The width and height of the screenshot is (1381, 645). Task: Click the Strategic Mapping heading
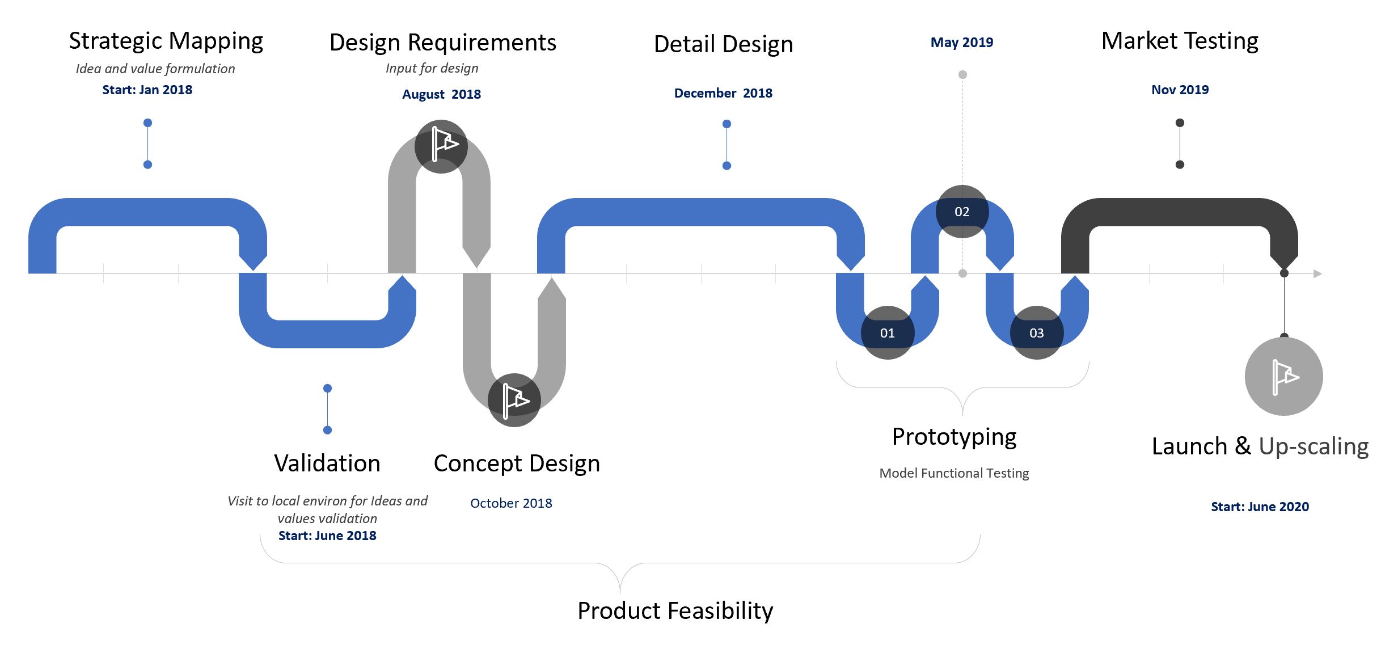click(x=166, y=41)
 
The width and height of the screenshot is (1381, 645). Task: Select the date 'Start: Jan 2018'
click(x=147, y=90)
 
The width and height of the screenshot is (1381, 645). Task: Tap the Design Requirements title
click(x=442, y=43)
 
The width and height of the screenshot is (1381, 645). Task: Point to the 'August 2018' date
click(x=441, y=94)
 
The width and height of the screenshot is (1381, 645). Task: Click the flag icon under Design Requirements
click(x=441, y=146)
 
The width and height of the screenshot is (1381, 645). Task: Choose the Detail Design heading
click(x=723, y=44)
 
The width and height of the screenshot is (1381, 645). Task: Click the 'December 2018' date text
click(x=723, y=93)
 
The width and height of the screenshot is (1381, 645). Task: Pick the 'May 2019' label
click(x=962, y=43)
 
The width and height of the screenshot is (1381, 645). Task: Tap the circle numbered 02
click(x=962, y=212)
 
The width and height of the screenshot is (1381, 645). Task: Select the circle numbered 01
click(x=887, y=333)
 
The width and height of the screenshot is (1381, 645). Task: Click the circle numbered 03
click(x=1036, y=333)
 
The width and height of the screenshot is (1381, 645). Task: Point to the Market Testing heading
click(x=1180, y=41)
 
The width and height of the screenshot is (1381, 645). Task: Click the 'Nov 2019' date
click(x=1180, y=90)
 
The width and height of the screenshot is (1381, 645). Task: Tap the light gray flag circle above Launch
click(x=1283, y=376)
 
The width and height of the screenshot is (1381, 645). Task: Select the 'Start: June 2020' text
click(x=1260, y=507)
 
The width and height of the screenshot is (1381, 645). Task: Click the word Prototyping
click(x=954, y=437)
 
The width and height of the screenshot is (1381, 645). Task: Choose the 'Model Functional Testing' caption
click(x=954, y=473)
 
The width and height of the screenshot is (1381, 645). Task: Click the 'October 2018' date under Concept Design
click(x=511, y=503)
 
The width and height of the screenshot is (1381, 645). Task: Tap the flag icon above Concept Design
click(x=514, y=399)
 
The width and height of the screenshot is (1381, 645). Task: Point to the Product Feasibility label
click(x=675, y=611)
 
